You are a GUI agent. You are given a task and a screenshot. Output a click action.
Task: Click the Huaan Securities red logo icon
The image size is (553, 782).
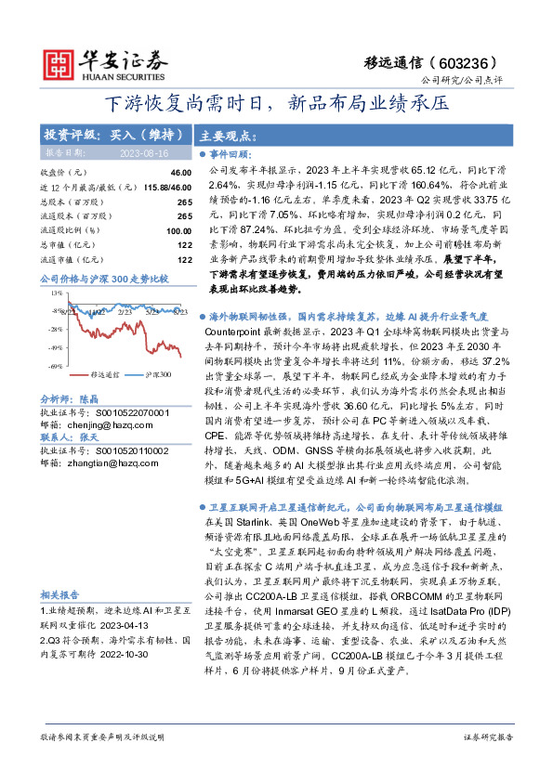[x=61, y=62]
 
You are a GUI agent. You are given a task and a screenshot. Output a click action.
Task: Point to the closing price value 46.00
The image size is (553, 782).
[x=180, y=173]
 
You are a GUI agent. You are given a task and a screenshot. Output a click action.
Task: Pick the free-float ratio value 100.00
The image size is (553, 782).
[x=178, y=230]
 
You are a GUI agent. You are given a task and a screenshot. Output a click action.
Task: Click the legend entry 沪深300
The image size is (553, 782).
[x=158, y=374]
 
